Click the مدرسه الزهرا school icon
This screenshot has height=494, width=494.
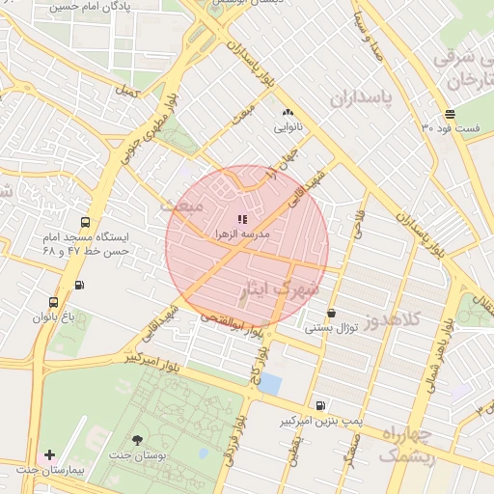(242, 220)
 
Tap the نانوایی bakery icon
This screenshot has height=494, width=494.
(288, 113)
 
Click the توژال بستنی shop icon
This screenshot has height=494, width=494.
(332, 313)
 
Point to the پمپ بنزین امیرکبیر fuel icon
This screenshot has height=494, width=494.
(320, 406)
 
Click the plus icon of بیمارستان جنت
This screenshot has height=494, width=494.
(49, 453)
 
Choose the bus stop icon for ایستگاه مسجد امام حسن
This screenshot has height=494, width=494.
(87, 221)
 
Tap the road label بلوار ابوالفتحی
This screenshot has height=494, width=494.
(232, 322)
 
